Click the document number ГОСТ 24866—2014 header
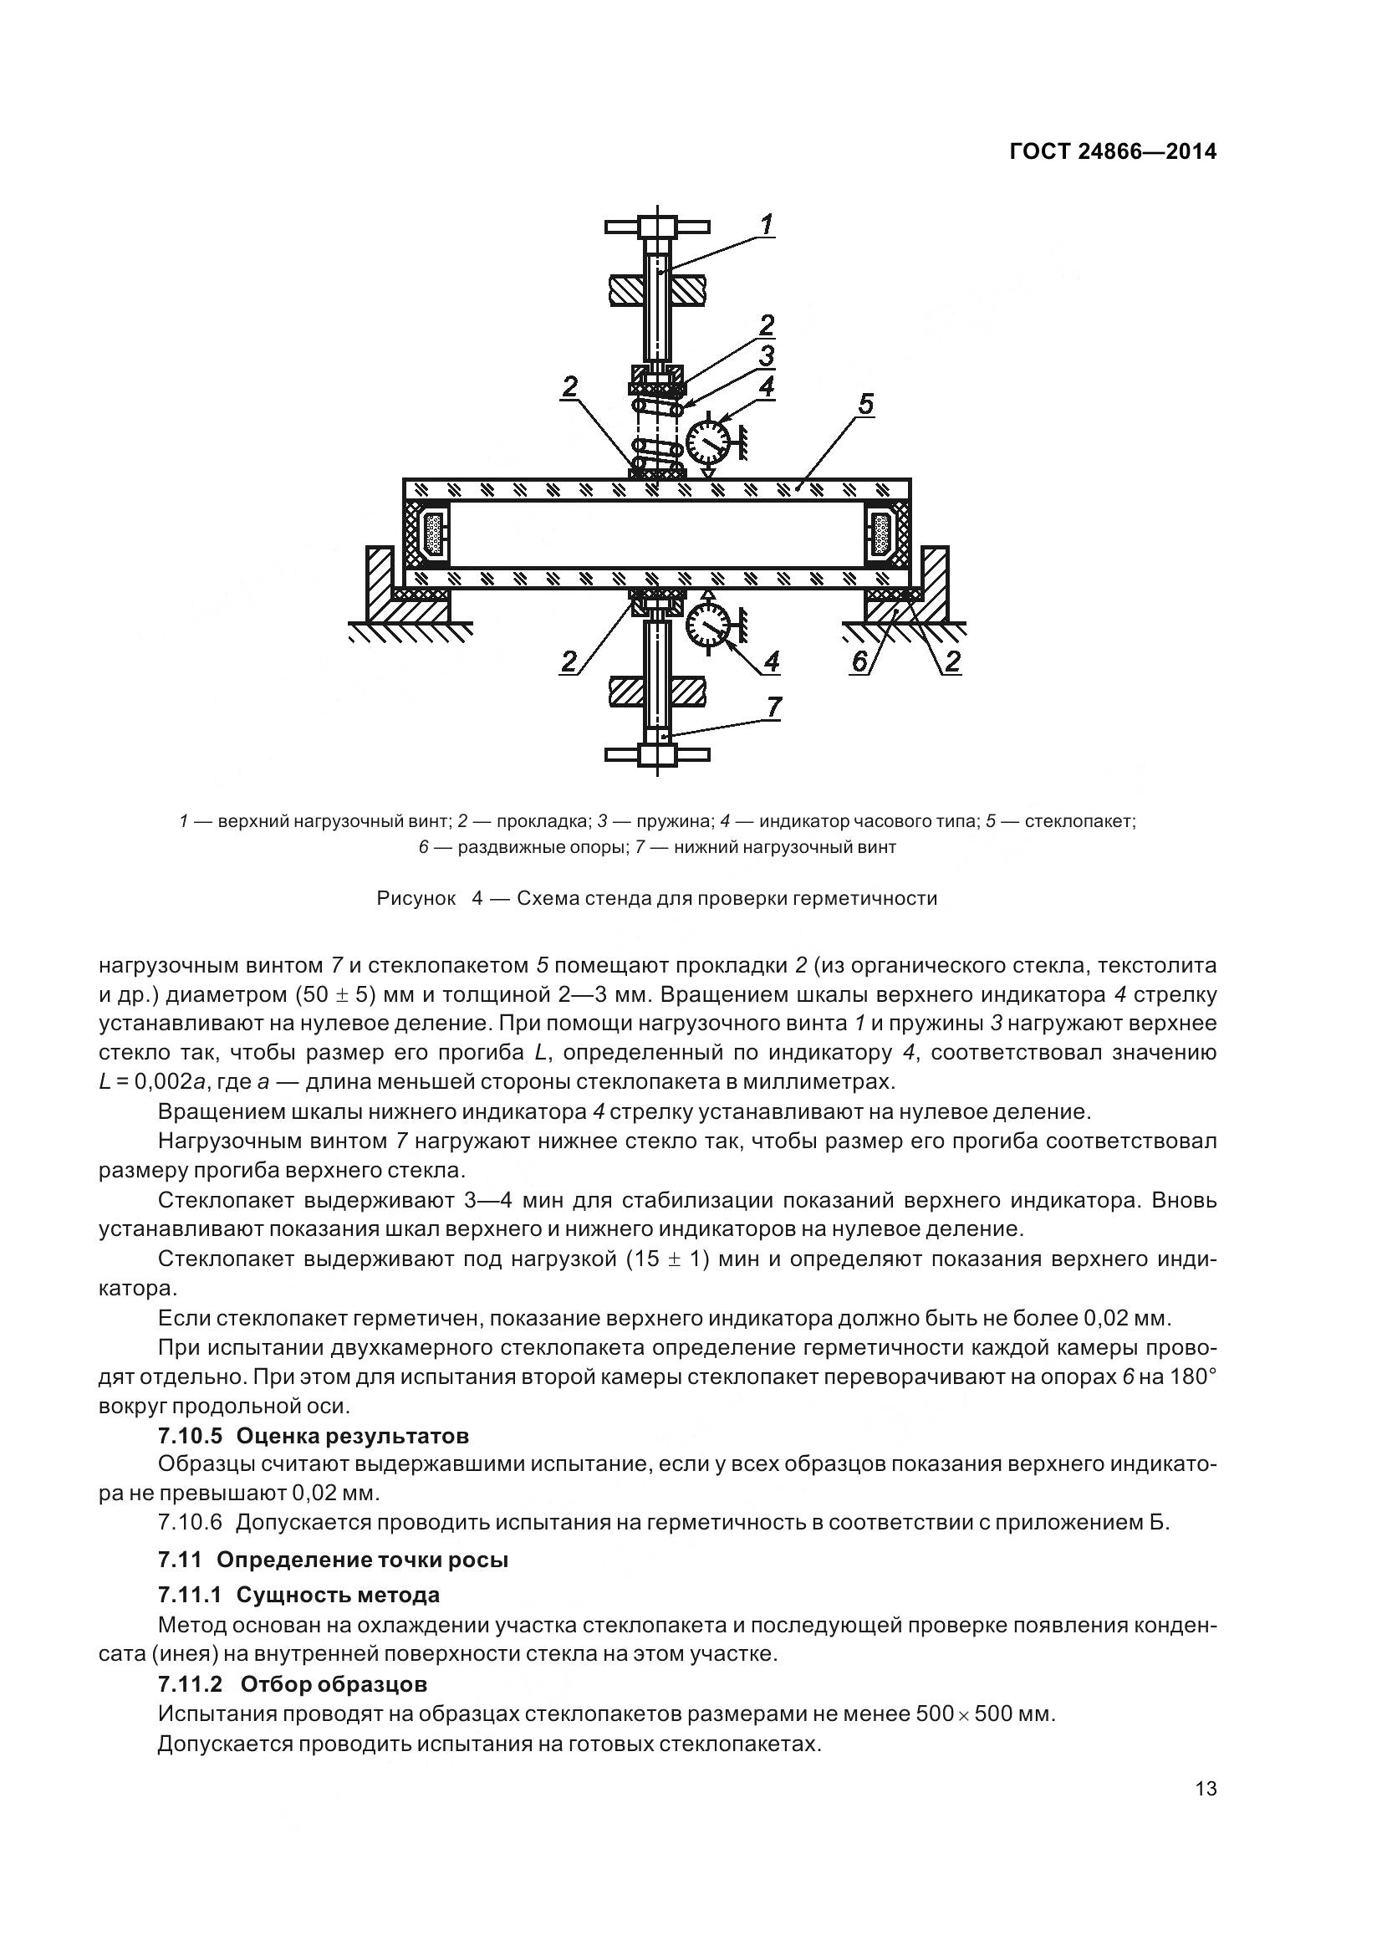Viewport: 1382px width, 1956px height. click(1112, 151)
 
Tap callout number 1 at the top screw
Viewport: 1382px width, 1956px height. click(767, 225)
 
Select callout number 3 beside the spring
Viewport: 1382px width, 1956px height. click(767, 355)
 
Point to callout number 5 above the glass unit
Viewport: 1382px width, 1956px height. click(865, 404)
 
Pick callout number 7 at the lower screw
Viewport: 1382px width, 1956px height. click(773, 707)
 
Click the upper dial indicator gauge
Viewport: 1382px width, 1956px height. click(707, 438)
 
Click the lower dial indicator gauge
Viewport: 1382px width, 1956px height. click(707, 626)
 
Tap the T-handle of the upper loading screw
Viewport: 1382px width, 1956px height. click(656, 227)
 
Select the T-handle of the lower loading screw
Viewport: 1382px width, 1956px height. click(656, 754)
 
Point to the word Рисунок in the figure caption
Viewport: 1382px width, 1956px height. click(416, 898)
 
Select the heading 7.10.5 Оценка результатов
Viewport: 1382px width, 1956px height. click(314, 1436)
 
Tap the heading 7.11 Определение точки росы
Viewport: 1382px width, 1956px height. click(333, 1559)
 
